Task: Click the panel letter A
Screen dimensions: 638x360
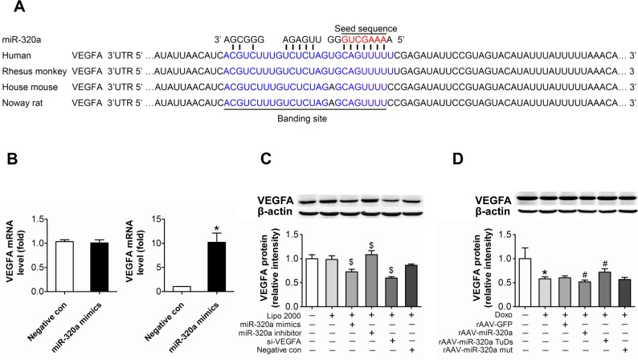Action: (x=19, y=6)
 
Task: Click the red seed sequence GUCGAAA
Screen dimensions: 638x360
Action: (x=364, y=39)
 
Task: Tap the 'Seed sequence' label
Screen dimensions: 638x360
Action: (x=366, y=28)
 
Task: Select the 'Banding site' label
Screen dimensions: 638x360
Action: (x=302, y=119)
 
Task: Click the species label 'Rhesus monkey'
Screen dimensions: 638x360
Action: (x=35, y=72)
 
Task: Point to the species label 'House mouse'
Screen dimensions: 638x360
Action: (x=30, y=87)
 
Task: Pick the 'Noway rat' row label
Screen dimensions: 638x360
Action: (x=22, y=103)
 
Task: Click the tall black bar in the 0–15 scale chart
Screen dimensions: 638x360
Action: (x=216, y=267)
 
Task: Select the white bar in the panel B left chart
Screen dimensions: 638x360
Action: (x=64, y=267)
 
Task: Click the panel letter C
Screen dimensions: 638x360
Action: (x=266, y=158)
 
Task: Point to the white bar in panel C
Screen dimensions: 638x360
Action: (x=312, y=282)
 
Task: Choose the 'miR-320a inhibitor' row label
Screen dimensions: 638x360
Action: (x=276, y=333)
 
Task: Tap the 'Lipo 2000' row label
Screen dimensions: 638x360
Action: (x=284, y=316)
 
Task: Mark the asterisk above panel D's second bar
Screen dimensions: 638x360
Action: (x=545, y=272)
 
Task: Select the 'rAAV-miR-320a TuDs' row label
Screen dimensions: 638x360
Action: (x=476, y=342)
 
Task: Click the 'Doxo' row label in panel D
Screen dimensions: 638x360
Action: (x=504, y=315)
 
